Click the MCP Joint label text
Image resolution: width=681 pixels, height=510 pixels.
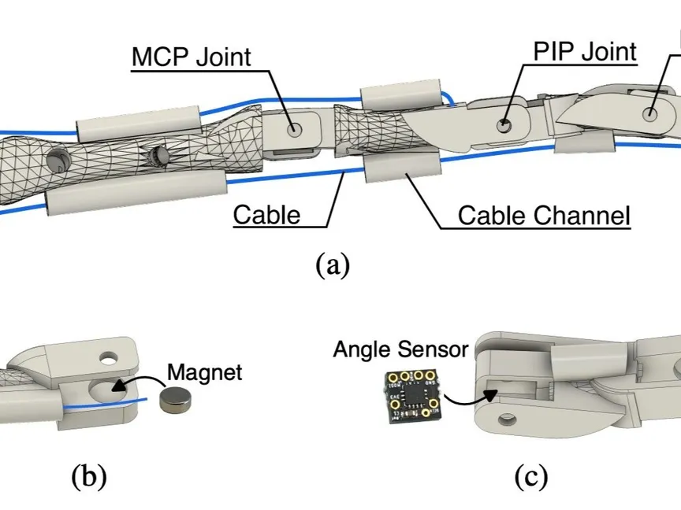191,57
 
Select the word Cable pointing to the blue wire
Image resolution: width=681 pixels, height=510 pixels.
266,214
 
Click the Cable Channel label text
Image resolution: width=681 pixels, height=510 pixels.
544,215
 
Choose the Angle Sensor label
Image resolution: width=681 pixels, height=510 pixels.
400,349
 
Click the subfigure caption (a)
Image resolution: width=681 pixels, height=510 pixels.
332,264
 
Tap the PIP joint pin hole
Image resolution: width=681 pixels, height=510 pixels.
505,124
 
